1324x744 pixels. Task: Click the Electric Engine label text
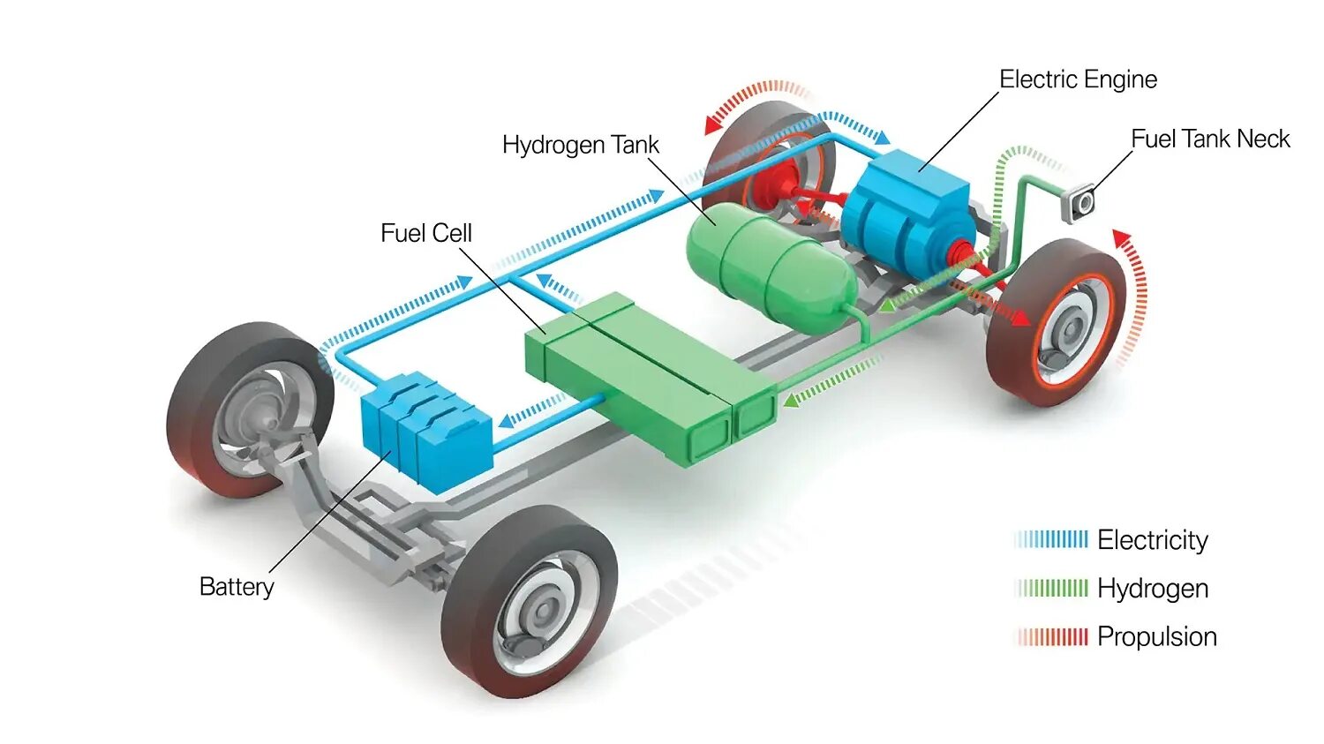click(x=1078, y=79)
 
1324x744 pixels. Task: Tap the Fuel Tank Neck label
click(x=1210, y=139)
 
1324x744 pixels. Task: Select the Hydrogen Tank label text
click(x=580, y=145)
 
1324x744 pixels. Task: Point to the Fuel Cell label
click(x=426, y=233)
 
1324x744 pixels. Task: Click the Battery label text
click(x=237, y=587)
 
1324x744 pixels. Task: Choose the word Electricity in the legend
click(x=1152, y=540)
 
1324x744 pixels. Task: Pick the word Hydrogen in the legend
click(x=1152, y=589)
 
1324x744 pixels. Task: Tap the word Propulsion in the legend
click(x=1156, y=637)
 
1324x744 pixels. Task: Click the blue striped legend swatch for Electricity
click(x=1052, y=539)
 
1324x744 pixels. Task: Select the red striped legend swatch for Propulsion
click(x=1052, y=636)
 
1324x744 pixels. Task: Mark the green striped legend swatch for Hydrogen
click(x=1052, y=588)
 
